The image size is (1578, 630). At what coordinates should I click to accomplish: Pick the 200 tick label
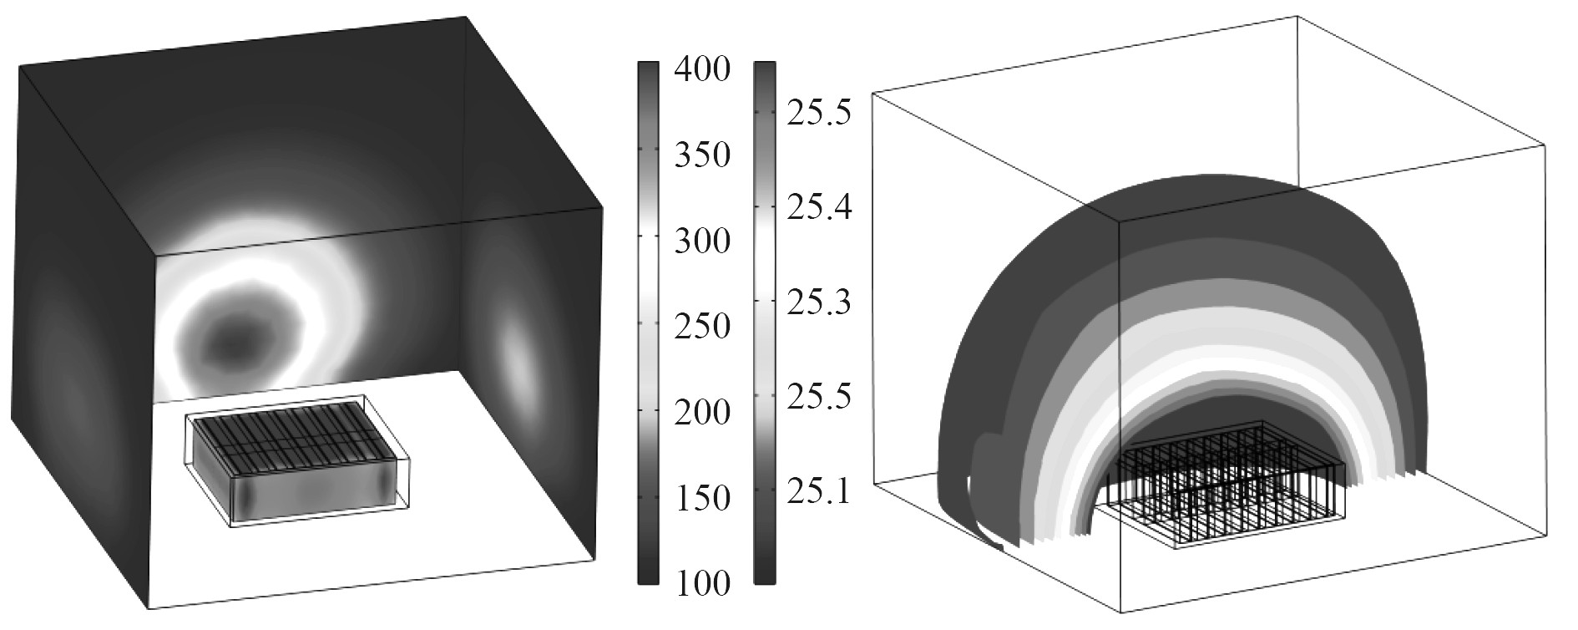(x=702, y=412)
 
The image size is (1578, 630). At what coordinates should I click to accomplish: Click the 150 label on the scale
(x=702, y=498)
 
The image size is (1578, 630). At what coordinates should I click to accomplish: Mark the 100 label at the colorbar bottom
(x=702, y=583)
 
